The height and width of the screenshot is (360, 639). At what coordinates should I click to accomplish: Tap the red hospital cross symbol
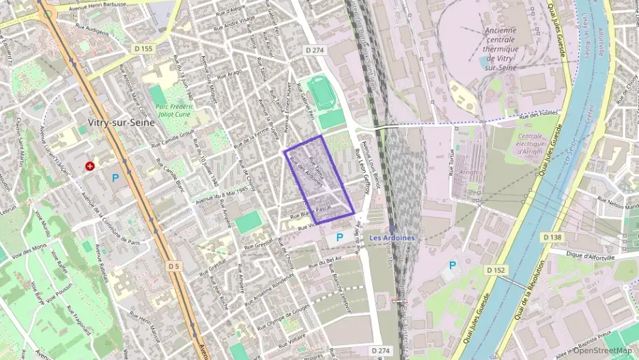point(89,166)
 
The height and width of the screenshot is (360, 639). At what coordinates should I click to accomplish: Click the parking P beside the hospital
point(115,177)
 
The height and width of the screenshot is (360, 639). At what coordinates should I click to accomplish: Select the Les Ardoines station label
point(391,238)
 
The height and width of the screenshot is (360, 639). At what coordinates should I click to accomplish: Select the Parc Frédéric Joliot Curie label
point(174,111)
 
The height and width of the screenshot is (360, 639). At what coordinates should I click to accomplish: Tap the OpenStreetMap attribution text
point(602,350)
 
